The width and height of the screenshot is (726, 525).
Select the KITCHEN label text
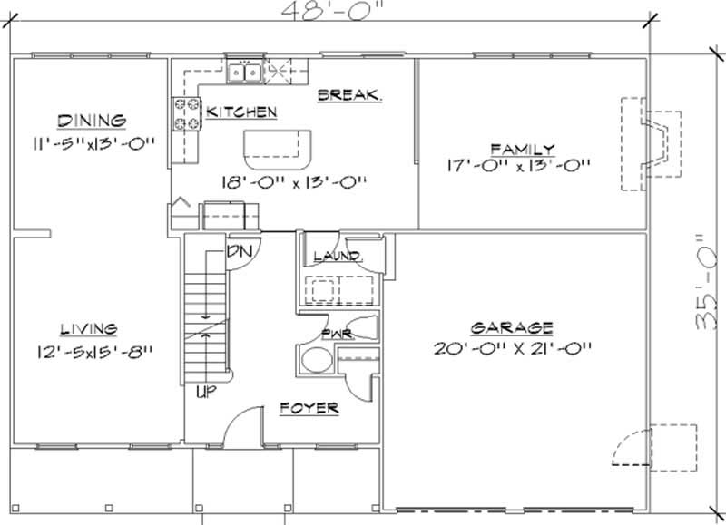pos(240,112)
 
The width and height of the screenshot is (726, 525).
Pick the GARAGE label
pos(512,327)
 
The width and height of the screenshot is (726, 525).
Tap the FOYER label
pos(309,409)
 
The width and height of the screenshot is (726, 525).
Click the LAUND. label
pos(337,257)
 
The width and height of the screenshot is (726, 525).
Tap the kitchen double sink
pos(245,71)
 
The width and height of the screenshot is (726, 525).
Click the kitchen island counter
pos(277,144)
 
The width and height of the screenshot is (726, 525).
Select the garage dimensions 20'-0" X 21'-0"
pos(513,345)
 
